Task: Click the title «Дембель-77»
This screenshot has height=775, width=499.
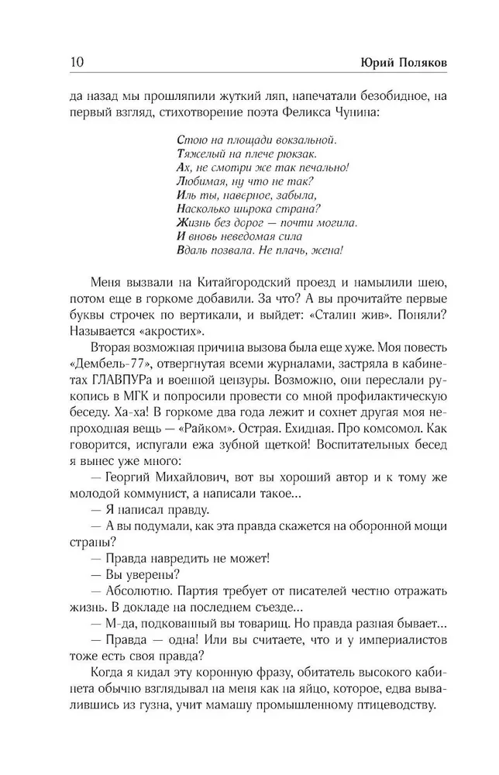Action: (109, 363)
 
